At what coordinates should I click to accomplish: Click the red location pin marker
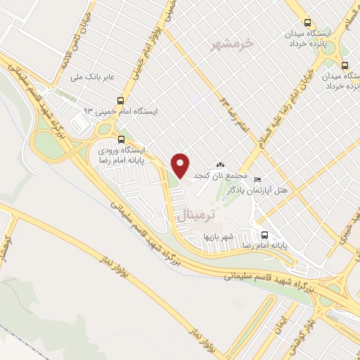coord(181,165)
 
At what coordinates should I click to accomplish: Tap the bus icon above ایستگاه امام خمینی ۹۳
coord(122,101)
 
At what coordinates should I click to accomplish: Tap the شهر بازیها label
coord(218,236)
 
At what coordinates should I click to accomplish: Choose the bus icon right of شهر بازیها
coord(264,235)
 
